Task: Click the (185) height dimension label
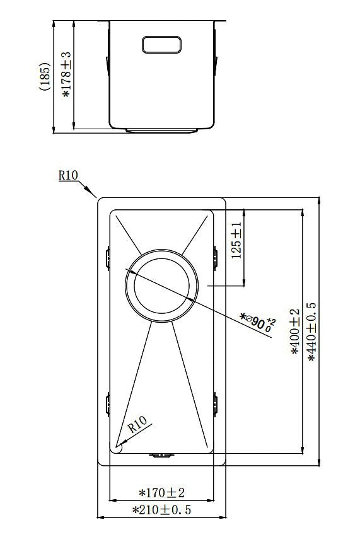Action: (x=44, y=76)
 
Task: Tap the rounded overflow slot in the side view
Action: (x=162, y=44)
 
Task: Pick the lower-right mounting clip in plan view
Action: (x=216, y=403)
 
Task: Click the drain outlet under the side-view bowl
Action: (x=162, y=130)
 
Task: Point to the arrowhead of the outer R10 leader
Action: (x=94, y=195)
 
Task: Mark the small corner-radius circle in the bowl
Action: (x=117, y=446)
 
